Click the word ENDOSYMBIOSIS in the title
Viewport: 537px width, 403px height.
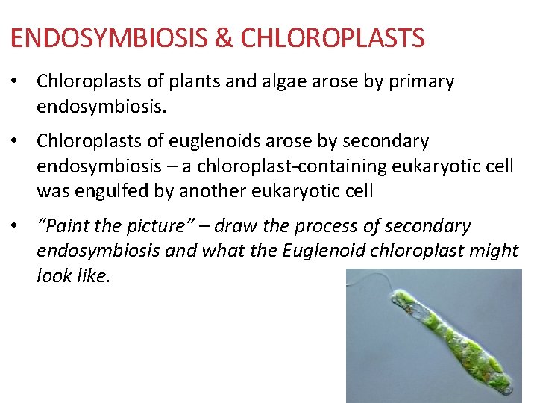click(x=104, y=38)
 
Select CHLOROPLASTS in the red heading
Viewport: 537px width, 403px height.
click(x=327, y=38)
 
